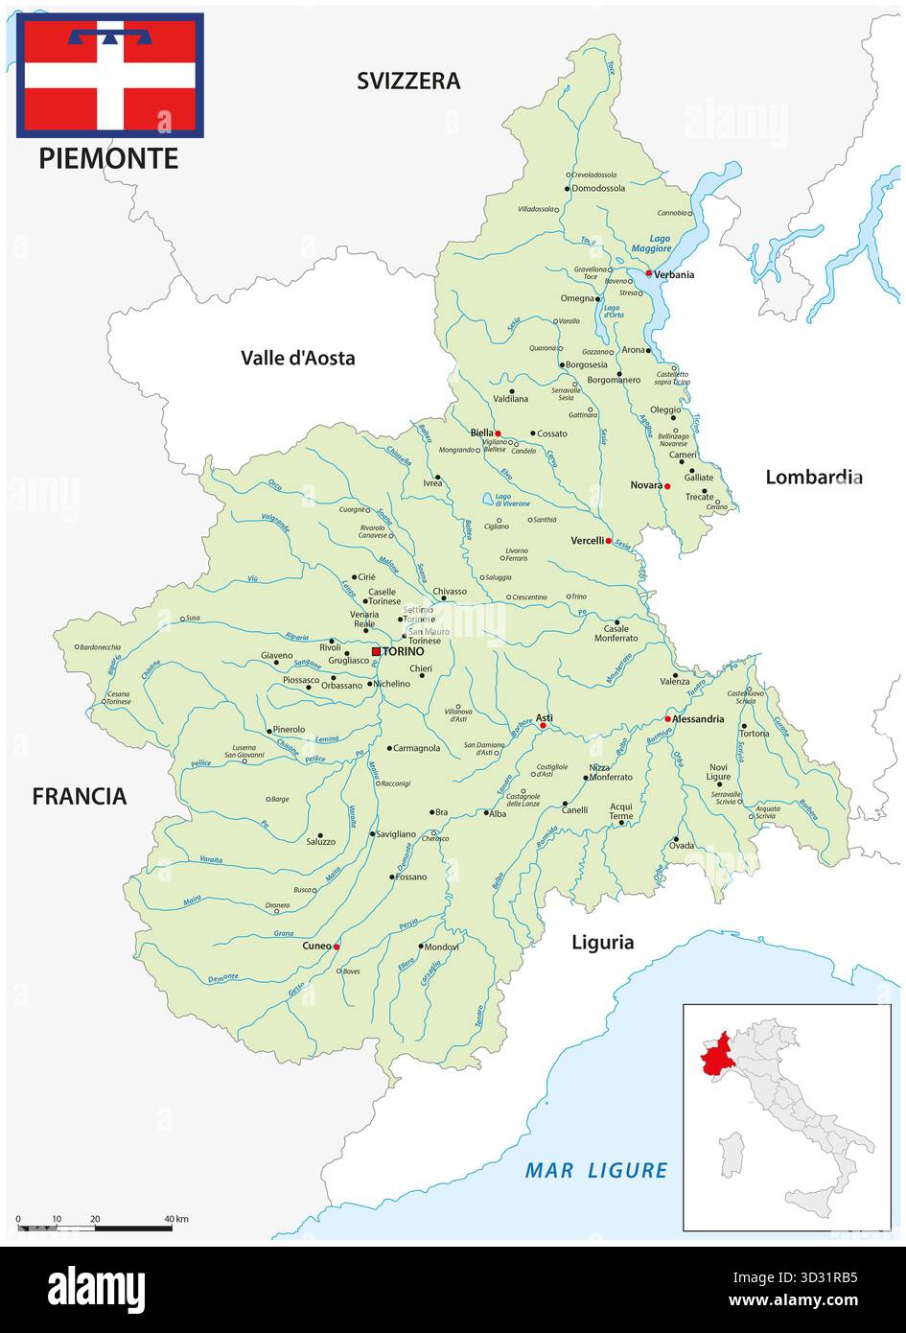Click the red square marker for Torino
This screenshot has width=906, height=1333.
[376, 651]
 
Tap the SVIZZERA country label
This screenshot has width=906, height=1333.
[408, 81]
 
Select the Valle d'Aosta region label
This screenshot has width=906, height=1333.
[297, 358]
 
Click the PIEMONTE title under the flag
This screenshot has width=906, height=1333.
[108, 158]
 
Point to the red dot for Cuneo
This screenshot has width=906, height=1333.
[337, 947]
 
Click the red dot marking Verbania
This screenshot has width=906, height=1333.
[648, 273]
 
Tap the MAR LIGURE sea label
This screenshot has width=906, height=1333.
[596, 1170]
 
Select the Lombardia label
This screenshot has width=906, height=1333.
[813, 477]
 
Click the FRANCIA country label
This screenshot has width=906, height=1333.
[80, 796]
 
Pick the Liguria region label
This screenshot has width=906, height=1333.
[602, 942]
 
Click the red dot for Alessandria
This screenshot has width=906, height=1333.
[667, 718]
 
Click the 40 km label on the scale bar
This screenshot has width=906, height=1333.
[176, 1219]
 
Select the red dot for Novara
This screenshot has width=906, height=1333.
[667, 486]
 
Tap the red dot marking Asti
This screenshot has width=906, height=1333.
[543, 726]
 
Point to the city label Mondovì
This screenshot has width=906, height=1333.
[441, 947]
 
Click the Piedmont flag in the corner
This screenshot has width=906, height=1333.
[109, 75]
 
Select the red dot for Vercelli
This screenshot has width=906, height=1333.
[608, 541]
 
